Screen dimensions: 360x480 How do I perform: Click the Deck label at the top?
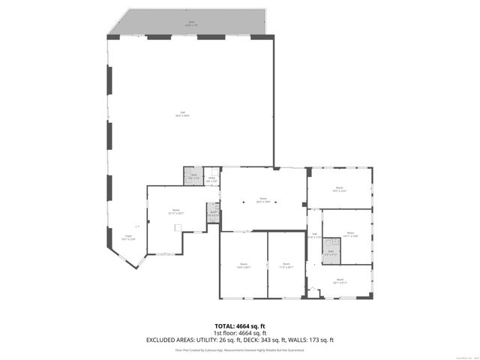(191, 24)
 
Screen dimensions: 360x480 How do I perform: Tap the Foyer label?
(129, 238)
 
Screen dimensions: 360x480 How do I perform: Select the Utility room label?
(211, 179)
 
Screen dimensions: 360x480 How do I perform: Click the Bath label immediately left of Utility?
(193, 177)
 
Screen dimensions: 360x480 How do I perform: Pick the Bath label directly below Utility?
(212, 214)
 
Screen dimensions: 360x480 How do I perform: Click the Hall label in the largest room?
(182, 114)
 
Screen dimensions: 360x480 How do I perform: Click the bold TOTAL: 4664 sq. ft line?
(240, 326)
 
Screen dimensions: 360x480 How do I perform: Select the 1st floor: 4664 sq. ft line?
(240, 333)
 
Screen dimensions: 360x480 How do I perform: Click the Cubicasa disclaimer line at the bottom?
(240, 349)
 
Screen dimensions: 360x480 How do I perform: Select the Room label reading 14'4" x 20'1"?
(244, 265)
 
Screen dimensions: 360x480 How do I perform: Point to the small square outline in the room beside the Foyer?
(178, 230)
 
